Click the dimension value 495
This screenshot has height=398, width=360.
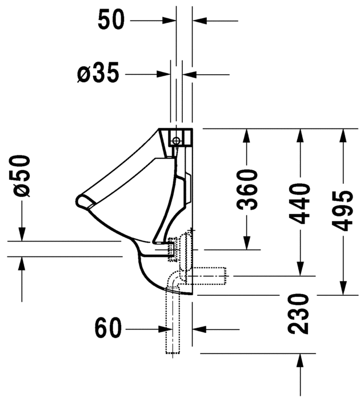click(x=342, y=211)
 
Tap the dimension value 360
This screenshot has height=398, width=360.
click(x=247, y=190)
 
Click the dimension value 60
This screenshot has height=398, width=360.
click(x=108, y=328)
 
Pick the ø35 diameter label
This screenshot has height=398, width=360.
click(x=98, y=73)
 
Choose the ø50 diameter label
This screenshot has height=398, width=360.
click(x=22, y=176)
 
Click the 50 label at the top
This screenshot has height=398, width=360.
click(x=111, y=19)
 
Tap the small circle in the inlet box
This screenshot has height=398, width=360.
click(x=176, y=139)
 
